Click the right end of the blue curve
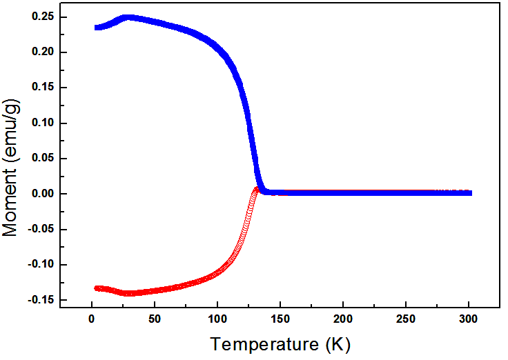[x=470, y=193]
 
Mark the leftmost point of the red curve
[x=97, y=288]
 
